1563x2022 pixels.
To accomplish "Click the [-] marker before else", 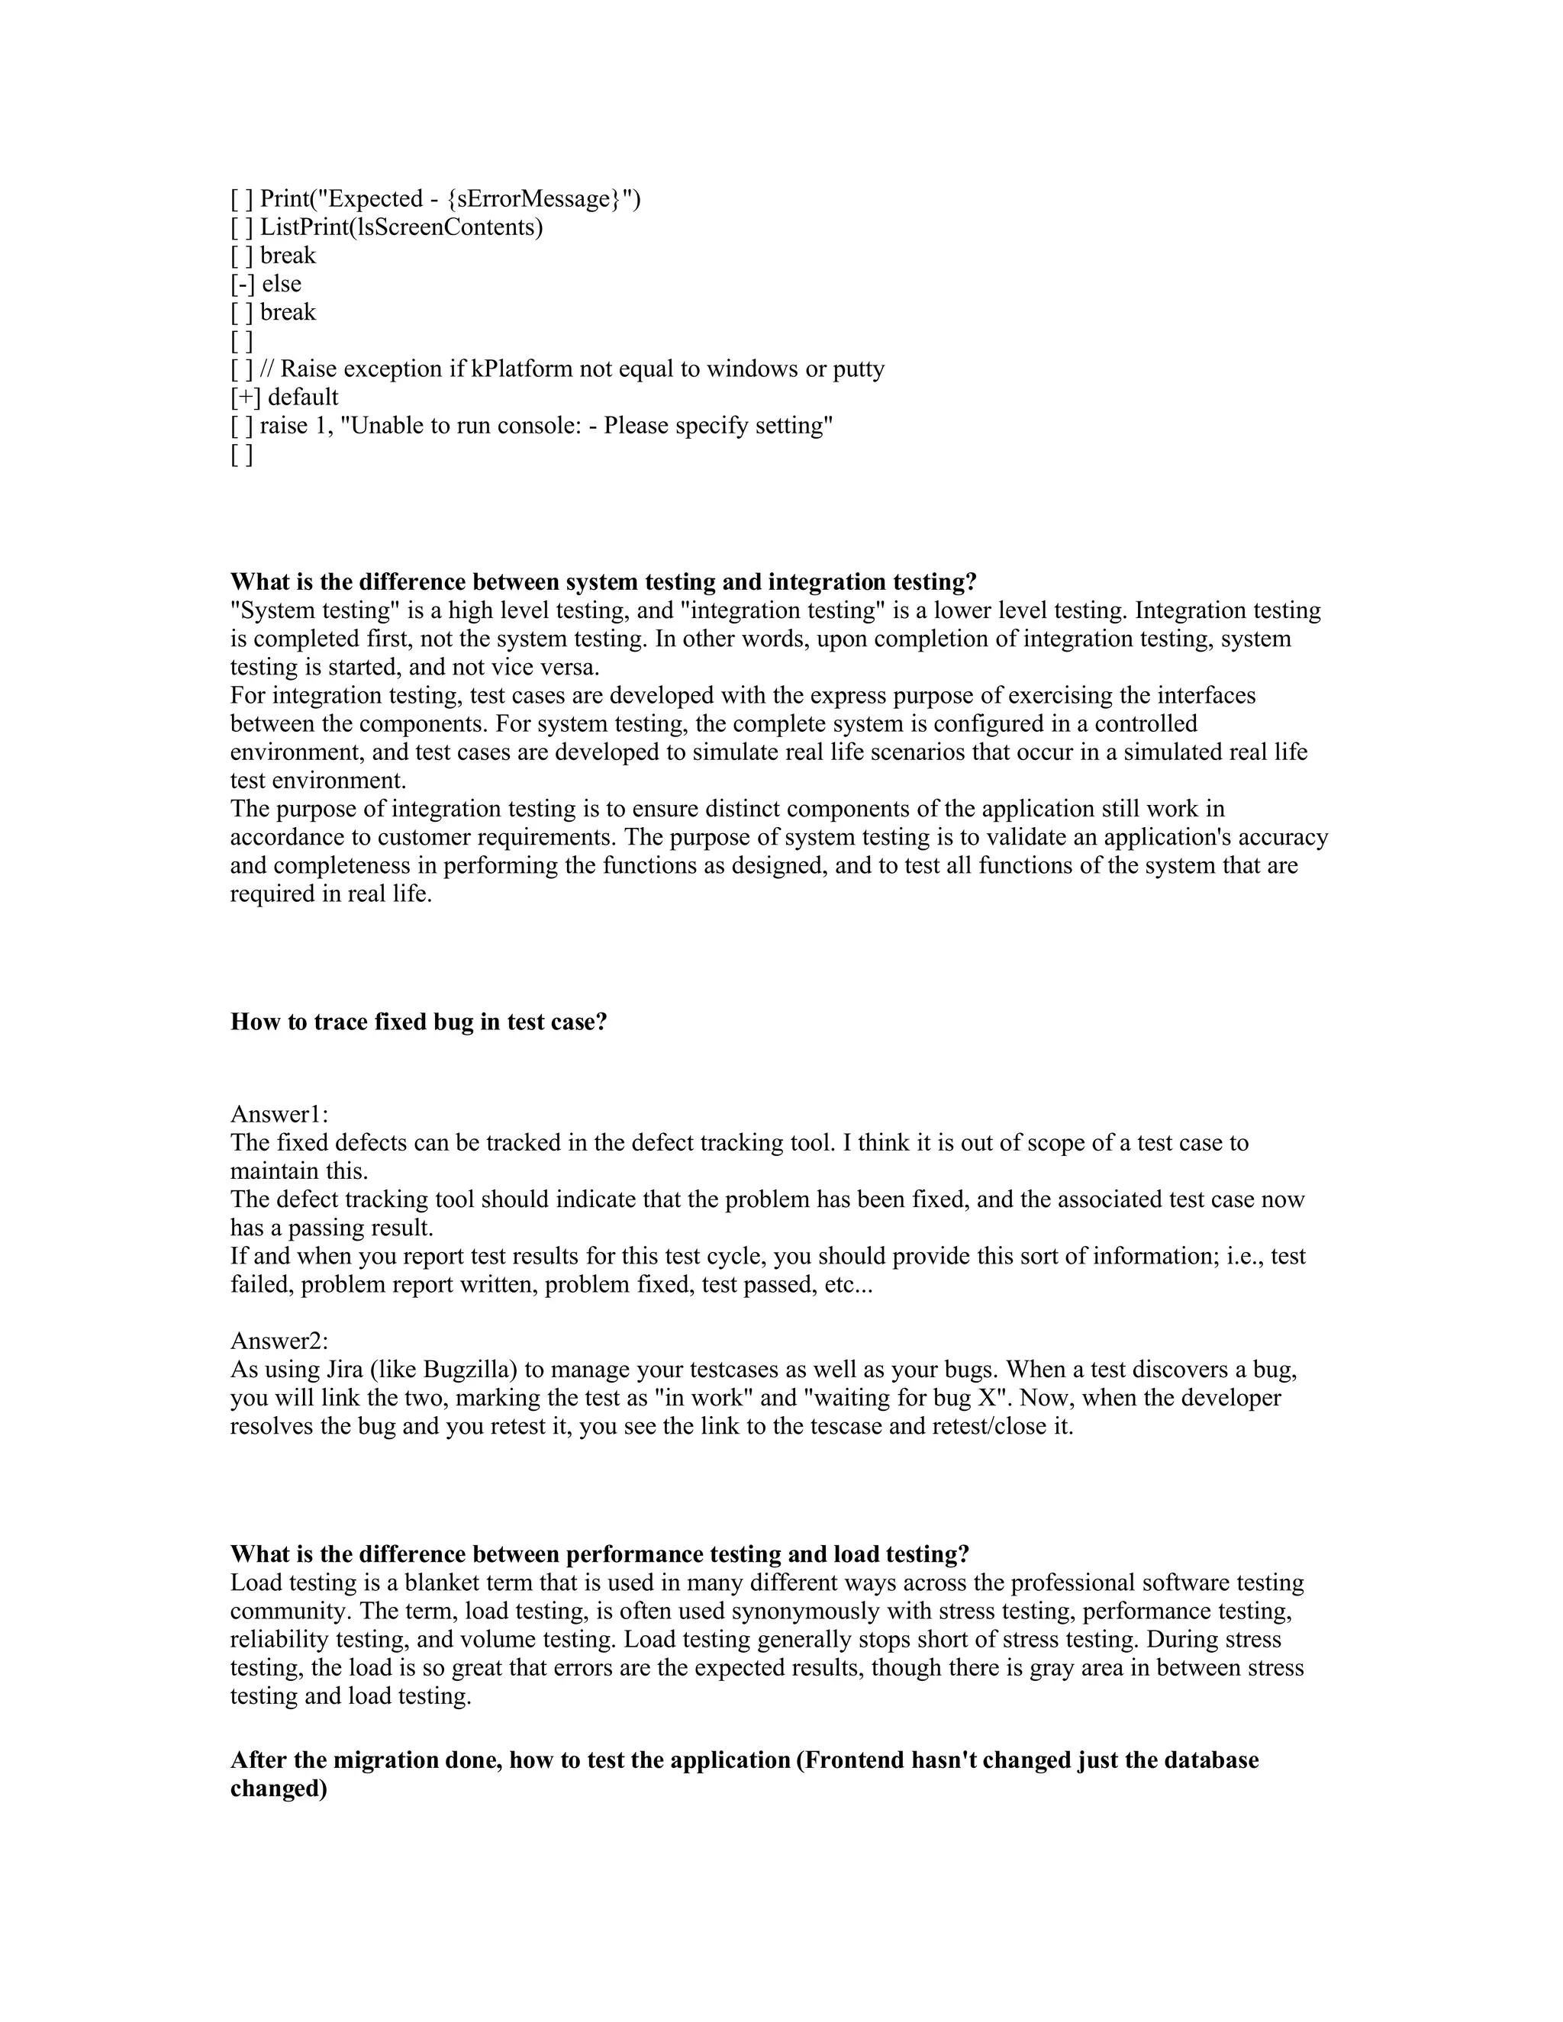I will coord(243,283).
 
